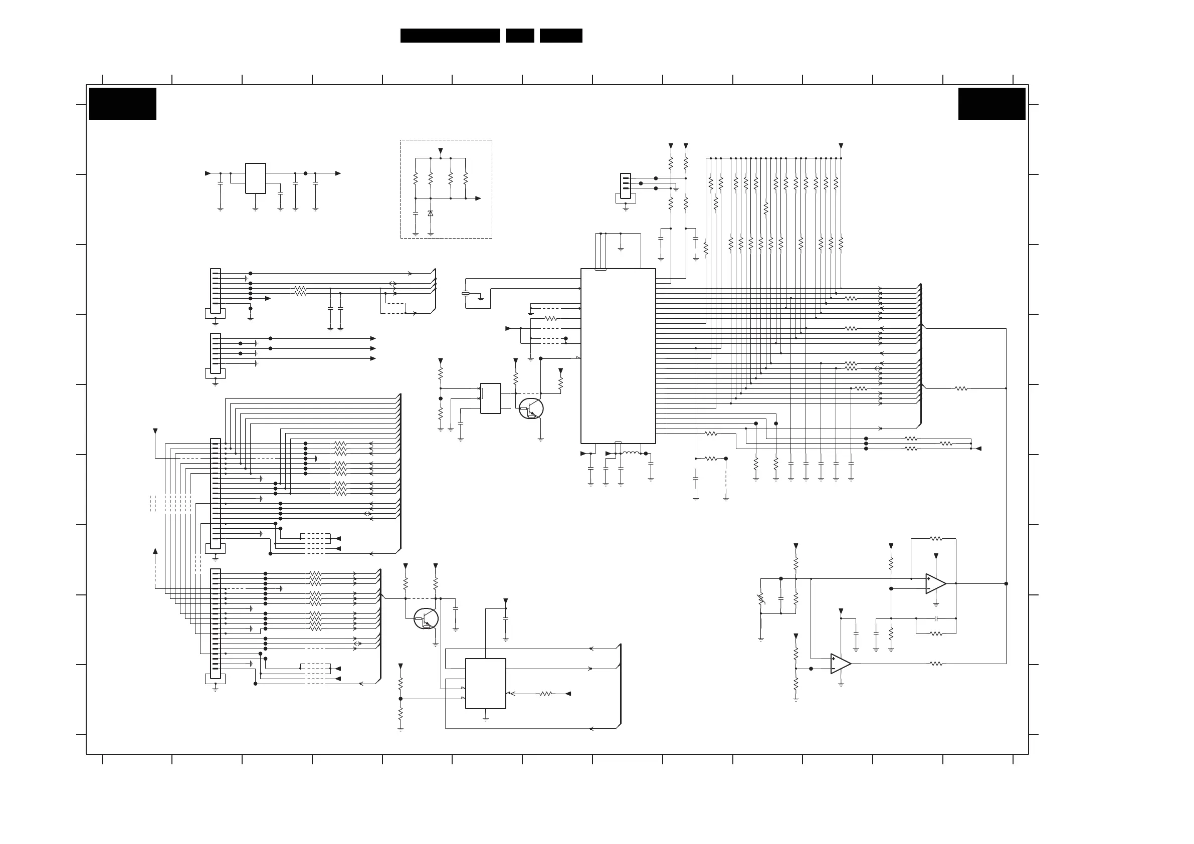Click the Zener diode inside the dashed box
pos(430,213)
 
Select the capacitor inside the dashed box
pos(416,213)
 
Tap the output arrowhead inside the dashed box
pos(478,198)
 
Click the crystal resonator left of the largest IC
pos(466,294)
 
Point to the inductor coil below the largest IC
pos(631,453)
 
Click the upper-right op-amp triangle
pos(935,583)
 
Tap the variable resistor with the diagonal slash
pos(761,598)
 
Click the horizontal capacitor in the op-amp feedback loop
pos(936,618)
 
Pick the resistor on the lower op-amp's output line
pos(936,664)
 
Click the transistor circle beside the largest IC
pos(531,409)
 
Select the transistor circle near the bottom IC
pos(426,618)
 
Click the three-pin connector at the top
pos(626,185)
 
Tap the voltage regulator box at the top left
pos(255,178)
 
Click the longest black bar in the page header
pos(450,36)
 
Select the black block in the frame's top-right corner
pos(991,103)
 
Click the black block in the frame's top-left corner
pos(123,103)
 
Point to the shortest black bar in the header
pos(519,36)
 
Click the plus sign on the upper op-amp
pos(929,578)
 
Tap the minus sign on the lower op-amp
pos(834,669)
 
